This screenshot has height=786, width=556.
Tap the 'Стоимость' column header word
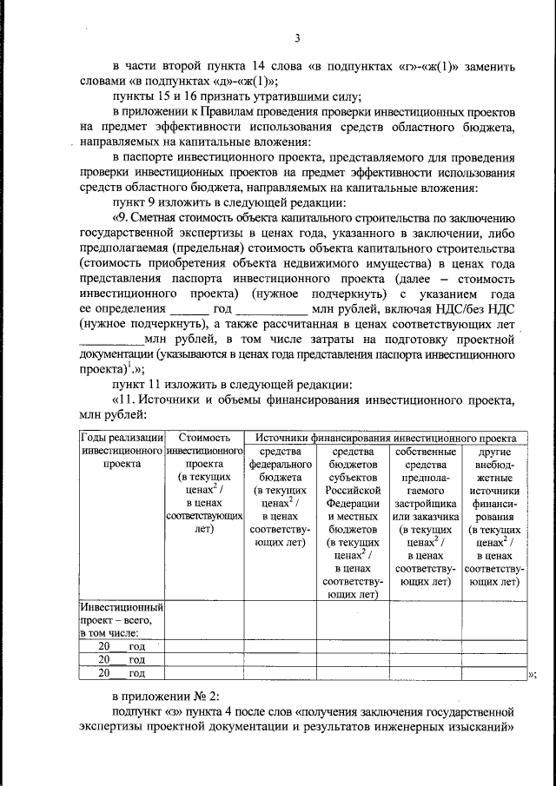[x=202, y=439]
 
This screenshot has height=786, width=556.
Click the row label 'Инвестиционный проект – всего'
[x=122, y=620]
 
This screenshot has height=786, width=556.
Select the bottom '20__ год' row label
[x=122, y=672]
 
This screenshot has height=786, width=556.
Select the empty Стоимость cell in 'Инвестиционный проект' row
[x=202, y=620]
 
